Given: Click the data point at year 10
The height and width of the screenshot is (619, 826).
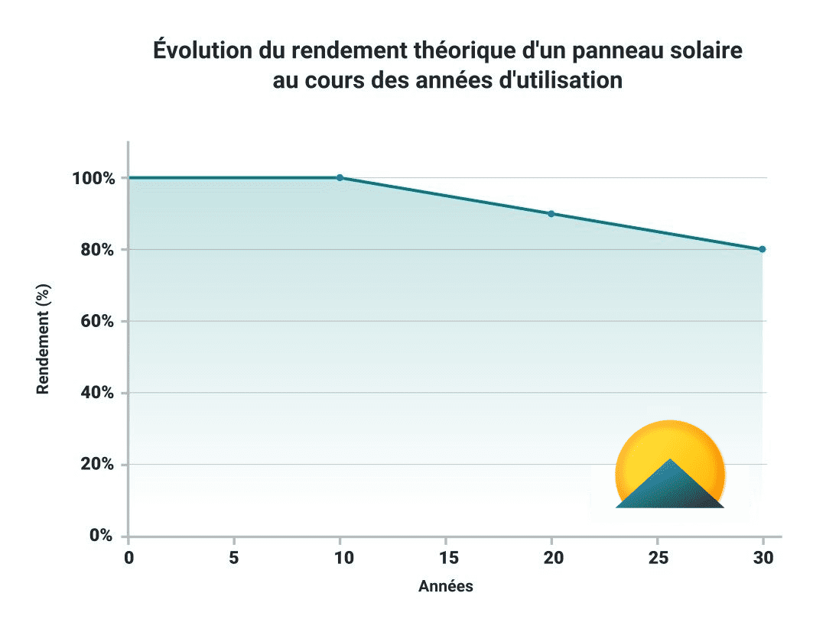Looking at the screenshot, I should pos(340,177).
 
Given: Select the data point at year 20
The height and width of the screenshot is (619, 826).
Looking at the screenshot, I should pos(551,214).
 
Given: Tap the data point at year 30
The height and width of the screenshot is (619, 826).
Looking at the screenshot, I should pos(762,249).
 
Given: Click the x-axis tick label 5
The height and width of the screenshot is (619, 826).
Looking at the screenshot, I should pos(233,558).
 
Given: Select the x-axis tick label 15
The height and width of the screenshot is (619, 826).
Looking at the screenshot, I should pos(446,558).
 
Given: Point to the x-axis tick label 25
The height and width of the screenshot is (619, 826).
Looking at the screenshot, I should pos(657,558).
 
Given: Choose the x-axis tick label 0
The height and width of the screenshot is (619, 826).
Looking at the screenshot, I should pos(128,558).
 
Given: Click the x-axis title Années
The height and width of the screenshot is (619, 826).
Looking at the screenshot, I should pos(446,587).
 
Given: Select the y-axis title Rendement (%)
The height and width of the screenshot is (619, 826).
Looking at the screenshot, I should pos(43,339).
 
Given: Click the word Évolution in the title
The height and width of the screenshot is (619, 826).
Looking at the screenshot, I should pos(197,51).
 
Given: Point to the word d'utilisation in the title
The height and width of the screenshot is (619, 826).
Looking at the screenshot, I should pos(560,80).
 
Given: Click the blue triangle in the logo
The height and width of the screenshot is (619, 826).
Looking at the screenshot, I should pos(669,489).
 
